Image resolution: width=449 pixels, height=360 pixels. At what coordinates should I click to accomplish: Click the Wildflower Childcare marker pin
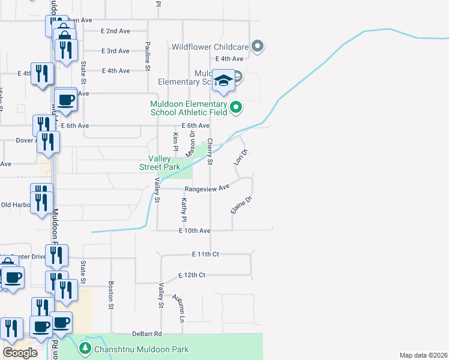click(258, 46)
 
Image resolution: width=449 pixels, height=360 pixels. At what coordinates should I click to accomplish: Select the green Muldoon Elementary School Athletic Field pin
click(237, 107)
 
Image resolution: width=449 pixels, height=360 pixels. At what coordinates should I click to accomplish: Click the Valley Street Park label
click(160, 163)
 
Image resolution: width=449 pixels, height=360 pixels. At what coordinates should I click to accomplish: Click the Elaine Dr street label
click(240, 204)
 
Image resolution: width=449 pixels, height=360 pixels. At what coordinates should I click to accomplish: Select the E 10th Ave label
click(194, 230)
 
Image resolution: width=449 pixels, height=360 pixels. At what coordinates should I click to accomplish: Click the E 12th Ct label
click(192, 275)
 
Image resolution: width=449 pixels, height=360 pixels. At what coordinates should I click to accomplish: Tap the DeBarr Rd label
click(148, 334)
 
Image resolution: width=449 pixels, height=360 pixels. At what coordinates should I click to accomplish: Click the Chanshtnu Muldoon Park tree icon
click(85, 349)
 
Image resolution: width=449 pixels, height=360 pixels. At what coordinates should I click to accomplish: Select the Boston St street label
click(111, 295)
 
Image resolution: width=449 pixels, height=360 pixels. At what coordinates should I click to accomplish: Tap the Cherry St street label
click(210, 152)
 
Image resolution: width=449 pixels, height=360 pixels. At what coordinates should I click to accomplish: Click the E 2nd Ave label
click(116, 31)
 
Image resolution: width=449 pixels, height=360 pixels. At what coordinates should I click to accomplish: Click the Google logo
click(20, 353)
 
